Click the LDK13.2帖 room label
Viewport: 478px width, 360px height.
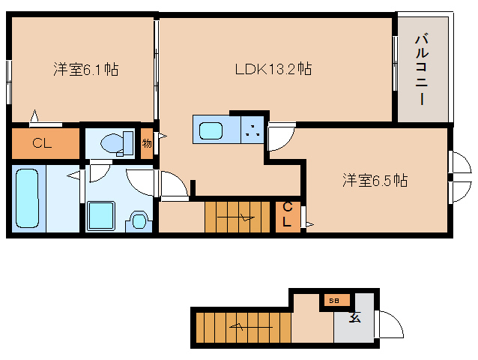point(273,69)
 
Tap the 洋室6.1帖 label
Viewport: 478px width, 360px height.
point(86,69)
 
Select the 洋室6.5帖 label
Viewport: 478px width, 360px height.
point(375,180)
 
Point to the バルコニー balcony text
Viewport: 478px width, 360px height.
point(422,70)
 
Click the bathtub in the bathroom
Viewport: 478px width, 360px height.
point(28,198)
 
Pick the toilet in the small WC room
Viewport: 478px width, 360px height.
point(118,144)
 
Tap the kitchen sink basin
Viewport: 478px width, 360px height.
point(211,131)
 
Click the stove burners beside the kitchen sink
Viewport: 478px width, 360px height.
point(252,130)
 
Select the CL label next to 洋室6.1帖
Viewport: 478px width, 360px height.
point(42,142)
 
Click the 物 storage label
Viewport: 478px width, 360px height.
point(147,143)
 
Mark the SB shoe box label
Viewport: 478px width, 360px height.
point(334,301)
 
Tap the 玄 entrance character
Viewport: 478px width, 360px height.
point(355,317)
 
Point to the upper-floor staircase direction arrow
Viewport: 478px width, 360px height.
point(235,217)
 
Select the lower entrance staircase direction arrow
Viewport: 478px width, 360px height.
point(251,327)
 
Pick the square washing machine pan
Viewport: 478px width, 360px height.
point(101,215)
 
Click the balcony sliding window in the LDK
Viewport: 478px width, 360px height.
point(395,63)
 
